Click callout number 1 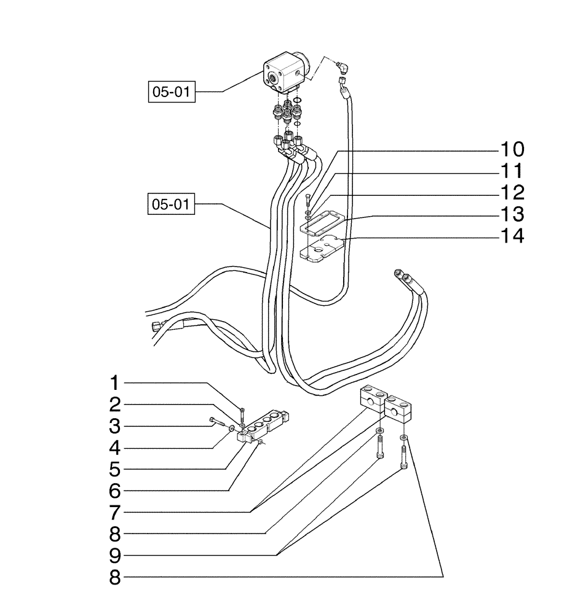click(x=113, y=384)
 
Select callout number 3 click(x=113, y=427)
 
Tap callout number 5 click(x=113, y=470)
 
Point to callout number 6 click(x=113, y=491)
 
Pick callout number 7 click(x=113, y=512)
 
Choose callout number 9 click(x=113, y=555)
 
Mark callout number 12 click(x=511, y=193)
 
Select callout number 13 click(x=511, y=215)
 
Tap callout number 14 click(x=511, y=236)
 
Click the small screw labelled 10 click(x=307, y=199)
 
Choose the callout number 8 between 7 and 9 click(x=113, y=534)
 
